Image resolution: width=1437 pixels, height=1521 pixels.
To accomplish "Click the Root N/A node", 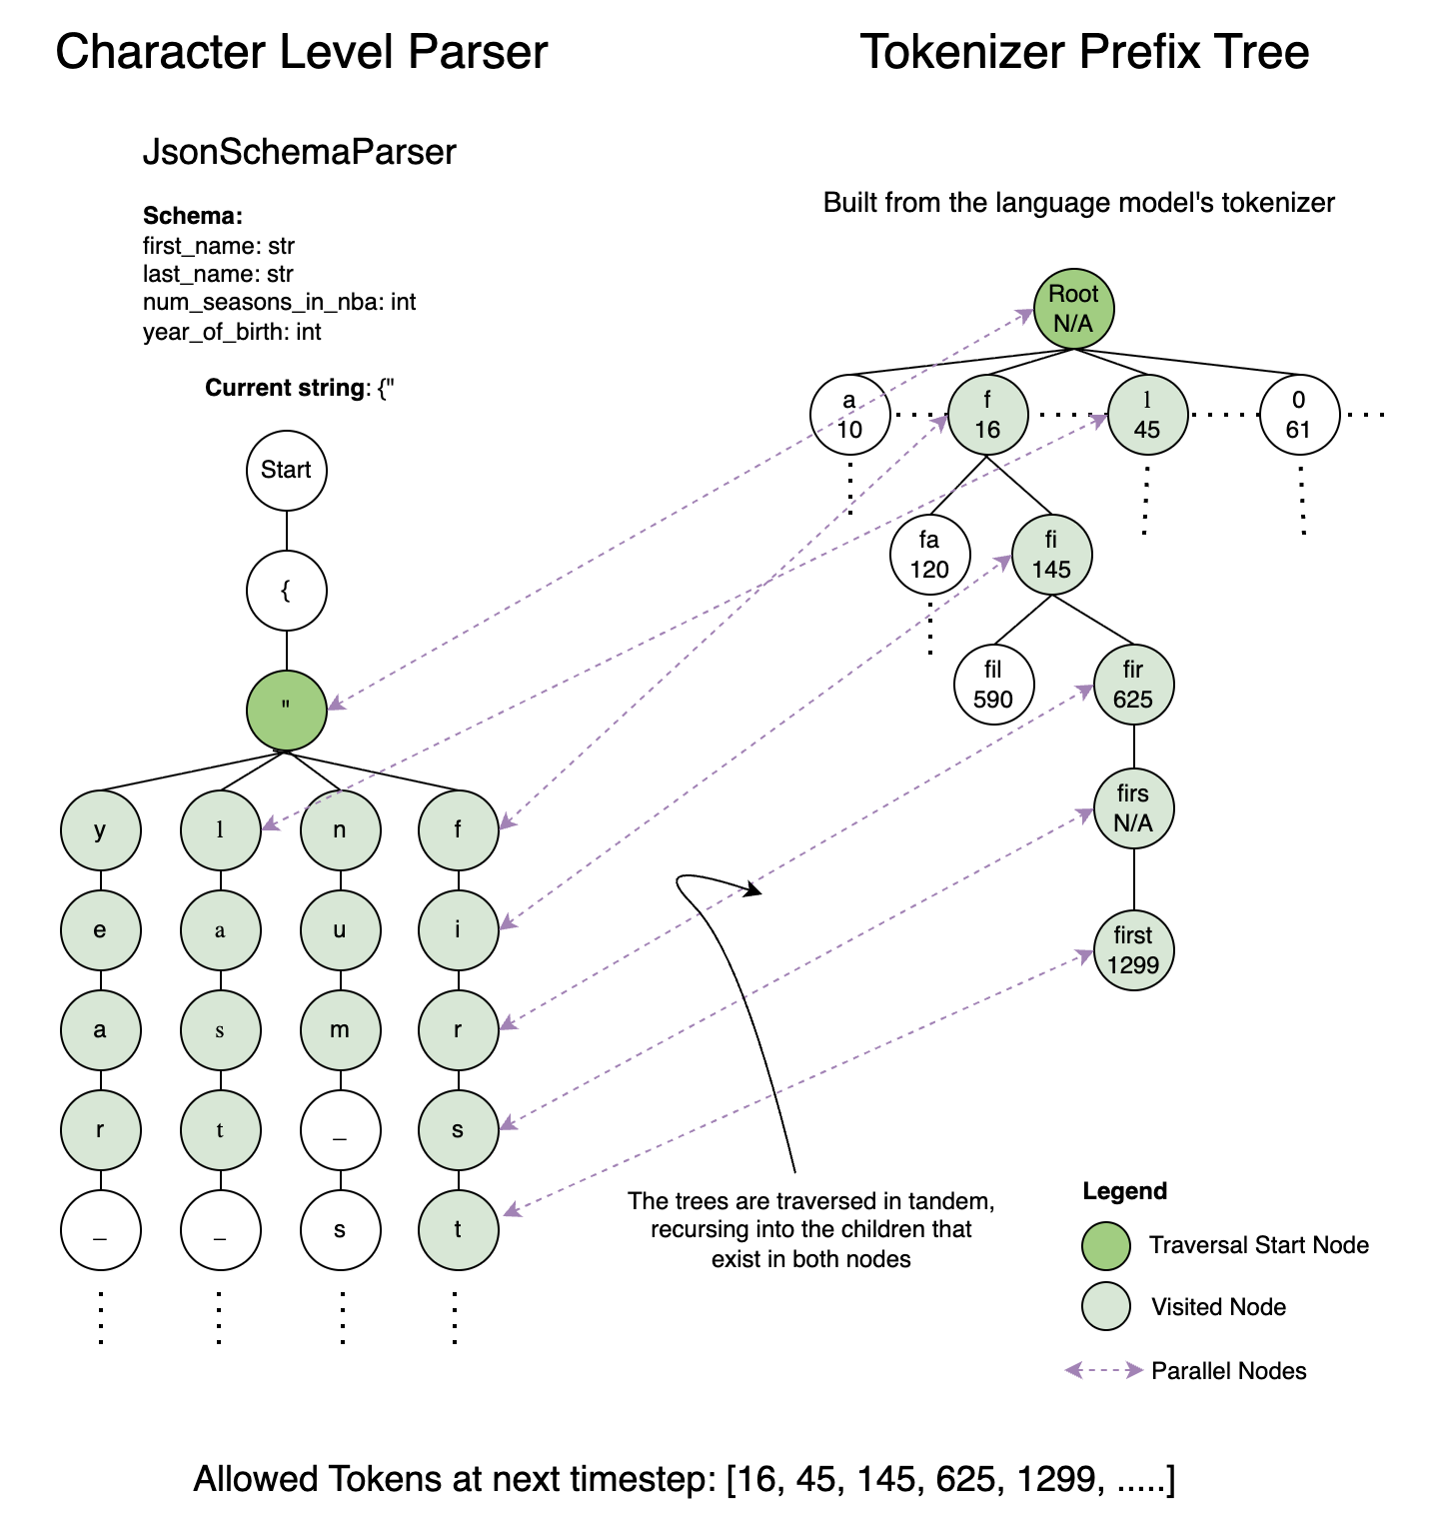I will (x=1073, y=309).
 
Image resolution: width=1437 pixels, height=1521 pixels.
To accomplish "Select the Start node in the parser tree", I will (x=287, y=470).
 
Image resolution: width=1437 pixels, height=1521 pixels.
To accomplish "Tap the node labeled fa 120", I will (x=929, y=555).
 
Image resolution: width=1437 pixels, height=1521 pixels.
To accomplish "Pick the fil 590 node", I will (x=993, y=685).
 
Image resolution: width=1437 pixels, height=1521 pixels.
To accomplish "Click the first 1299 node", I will (x=1133, y=950).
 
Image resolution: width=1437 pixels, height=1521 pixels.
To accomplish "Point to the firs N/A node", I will (x=1133, y=808).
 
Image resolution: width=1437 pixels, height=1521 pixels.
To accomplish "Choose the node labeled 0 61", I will (x=1299, y=415).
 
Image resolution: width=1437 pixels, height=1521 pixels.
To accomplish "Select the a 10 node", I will (x=849, y=415).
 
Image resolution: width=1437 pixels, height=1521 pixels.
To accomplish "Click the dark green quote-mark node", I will (x=287, y=710).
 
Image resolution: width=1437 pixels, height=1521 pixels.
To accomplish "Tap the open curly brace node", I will (x=287, y=591).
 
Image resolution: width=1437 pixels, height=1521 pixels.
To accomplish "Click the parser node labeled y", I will (x=100, y=830).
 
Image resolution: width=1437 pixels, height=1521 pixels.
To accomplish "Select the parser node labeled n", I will (x=340, y=830).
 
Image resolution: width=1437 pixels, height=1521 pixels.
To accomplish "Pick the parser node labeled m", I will (x=340, y=1030).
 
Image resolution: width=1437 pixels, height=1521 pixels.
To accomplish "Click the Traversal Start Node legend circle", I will (x=1106, y=1245).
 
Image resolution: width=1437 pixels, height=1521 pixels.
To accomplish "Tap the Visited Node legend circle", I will (x=1106, y=1307).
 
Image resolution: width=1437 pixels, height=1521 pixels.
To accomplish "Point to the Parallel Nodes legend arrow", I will (x=1104, y=1370).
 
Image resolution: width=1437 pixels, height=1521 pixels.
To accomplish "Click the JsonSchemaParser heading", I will (x=300, y=152).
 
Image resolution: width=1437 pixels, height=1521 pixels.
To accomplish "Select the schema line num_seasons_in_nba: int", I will (x=280, y=302).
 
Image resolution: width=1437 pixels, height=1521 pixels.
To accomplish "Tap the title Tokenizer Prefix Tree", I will (x=1084, y=52).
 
